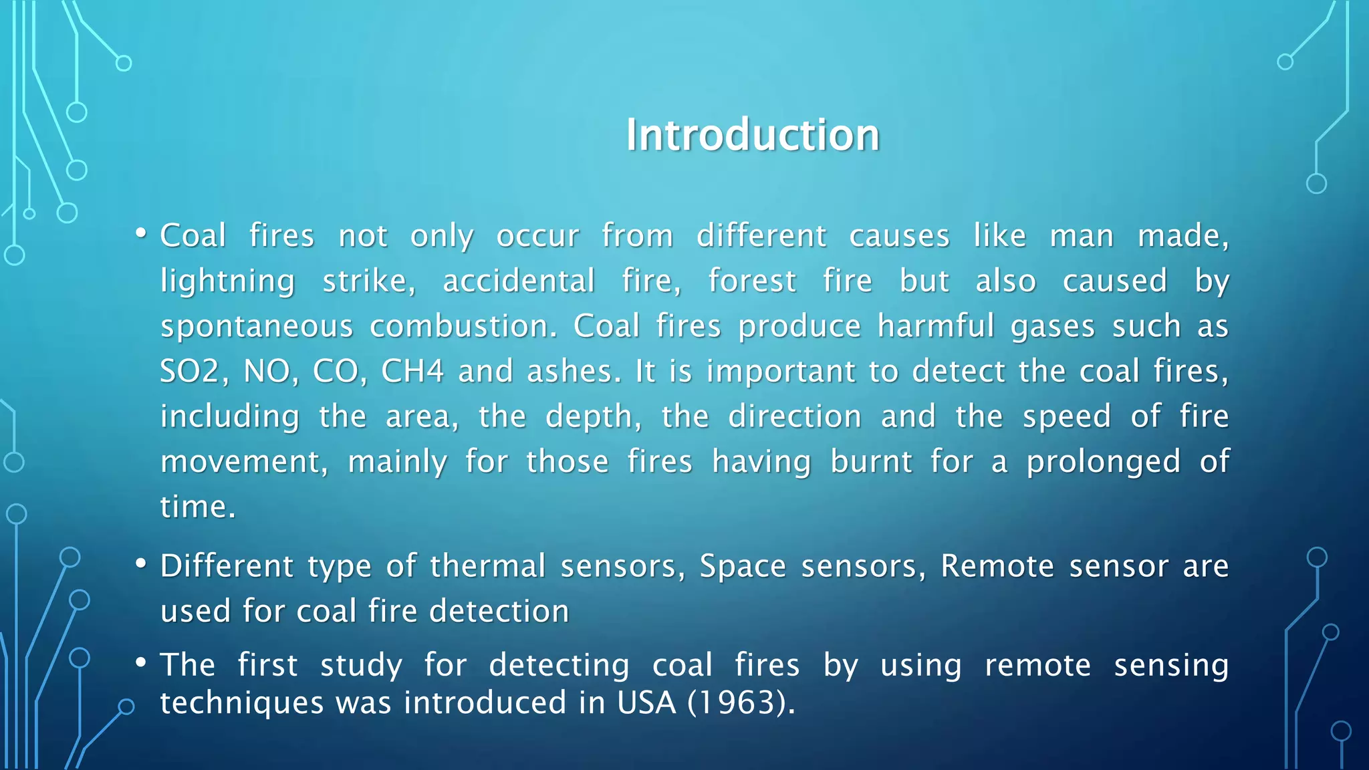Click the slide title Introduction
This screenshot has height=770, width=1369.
(753, 135)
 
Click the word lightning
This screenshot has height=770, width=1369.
(227, 281)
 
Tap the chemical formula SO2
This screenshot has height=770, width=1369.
(189, 371)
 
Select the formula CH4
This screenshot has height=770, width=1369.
(412, 371)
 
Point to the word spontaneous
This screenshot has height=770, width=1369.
(257, 326)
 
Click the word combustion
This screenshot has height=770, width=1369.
(463, 326)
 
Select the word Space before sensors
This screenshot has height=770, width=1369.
(743, 566)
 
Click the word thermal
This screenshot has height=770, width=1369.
(487, 566)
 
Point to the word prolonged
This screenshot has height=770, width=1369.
(1103, 462)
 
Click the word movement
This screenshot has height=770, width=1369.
(244, 462)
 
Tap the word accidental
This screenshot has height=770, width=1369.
(519, 281)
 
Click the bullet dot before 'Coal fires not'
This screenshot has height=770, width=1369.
(140, 233)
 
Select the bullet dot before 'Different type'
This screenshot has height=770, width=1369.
(140, 564)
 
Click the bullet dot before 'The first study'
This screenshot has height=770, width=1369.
(140, 663)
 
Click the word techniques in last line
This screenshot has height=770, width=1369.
(242, 702)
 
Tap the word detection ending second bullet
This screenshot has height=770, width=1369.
(499, 611)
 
